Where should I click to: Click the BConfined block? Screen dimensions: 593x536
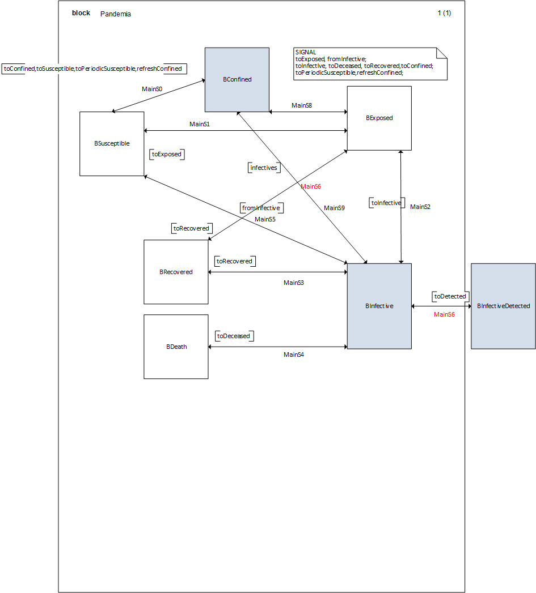tap(237, 79)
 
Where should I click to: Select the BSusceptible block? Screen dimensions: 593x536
tap(112, 143)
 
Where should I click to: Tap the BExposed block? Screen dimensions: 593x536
tap(379, 118)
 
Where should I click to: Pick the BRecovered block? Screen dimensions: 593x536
tap(176, 272)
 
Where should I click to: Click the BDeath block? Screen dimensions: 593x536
tap(176, 347)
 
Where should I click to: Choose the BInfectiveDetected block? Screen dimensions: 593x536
tap(503, 306)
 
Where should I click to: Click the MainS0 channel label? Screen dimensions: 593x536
tap(152, 89)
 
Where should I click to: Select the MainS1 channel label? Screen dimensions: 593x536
tap(200, 124)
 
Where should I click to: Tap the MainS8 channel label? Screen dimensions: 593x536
tap(302, 105)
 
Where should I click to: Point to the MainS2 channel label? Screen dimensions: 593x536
tap(420, 207)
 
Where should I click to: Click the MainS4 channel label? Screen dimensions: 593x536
tap(294, 355)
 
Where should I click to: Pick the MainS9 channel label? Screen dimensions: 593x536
tap(334, 208)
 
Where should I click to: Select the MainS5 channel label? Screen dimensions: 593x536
tap(265, 219)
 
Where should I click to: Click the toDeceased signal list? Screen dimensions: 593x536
tap(233, 336)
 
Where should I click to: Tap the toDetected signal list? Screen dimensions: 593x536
tap(450, 296)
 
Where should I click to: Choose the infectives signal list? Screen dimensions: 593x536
tap(263, 168)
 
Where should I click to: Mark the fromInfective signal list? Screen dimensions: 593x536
tap(260, 208)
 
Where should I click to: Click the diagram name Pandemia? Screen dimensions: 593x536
tap(116, 14)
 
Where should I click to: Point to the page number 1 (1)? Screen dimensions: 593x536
tap(444, 13)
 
